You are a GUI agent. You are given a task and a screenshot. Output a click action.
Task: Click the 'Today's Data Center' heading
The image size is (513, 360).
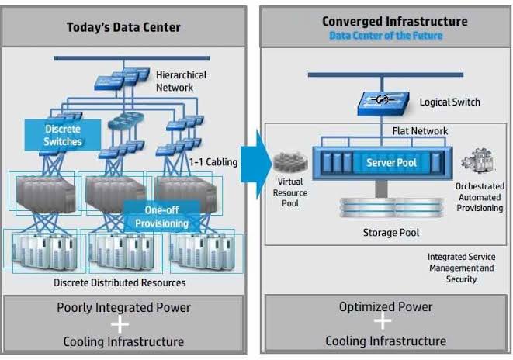click(x=123, y=27)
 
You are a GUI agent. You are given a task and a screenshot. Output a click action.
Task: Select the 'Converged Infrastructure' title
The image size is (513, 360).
click(x=395, y=21)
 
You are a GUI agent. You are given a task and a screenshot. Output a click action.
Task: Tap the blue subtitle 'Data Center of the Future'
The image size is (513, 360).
click(x=386, y=36)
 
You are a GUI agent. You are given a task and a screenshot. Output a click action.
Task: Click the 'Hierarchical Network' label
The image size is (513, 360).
click(x=181, y=81)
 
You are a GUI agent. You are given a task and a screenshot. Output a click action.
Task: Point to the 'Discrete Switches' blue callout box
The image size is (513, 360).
click(x=63, y=135)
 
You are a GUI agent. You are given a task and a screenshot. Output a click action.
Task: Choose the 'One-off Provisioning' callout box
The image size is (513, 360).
click(x=162, y=216)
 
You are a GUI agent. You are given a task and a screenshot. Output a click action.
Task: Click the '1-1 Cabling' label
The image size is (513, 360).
click(x=213, y=162)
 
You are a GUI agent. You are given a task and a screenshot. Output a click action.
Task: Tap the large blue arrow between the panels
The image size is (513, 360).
click(x=256, y=164)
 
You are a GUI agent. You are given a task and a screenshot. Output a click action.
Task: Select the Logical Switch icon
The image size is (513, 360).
click(x=383, y=103)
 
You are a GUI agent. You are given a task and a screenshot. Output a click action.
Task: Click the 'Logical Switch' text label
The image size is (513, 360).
click(x=450, y=102)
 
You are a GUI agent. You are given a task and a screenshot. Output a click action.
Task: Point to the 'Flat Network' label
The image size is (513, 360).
click(x=420, y=131)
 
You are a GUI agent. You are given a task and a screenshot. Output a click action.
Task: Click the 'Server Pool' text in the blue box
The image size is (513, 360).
click(x=392, y=162)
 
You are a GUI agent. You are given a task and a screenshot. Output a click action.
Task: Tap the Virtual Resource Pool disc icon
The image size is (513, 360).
click(x=290, y=162)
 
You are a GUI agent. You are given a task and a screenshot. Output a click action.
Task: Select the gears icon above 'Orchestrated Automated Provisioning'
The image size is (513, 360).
click(x=478, y=161)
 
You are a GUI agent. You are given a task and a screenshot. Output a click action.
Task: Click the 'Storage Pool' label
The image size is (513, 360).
click(x=391, y=233)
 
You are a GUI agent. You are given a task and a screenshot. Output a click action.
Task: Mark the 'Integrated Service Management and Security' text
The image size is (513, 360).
click(x=461, y=268)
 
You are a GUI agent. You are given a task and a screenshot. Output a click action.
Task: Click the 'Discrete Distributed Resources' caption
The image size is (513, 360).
click(x=120, y=282)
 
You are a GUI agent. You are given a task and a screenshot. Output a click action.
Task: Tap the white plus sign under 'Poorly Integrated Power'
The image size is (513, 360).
click(x=120, y=324)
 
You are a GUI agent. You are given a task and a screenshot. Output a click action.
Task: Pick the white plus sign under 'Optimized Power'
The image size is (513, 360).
click(x=383, y=320)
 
